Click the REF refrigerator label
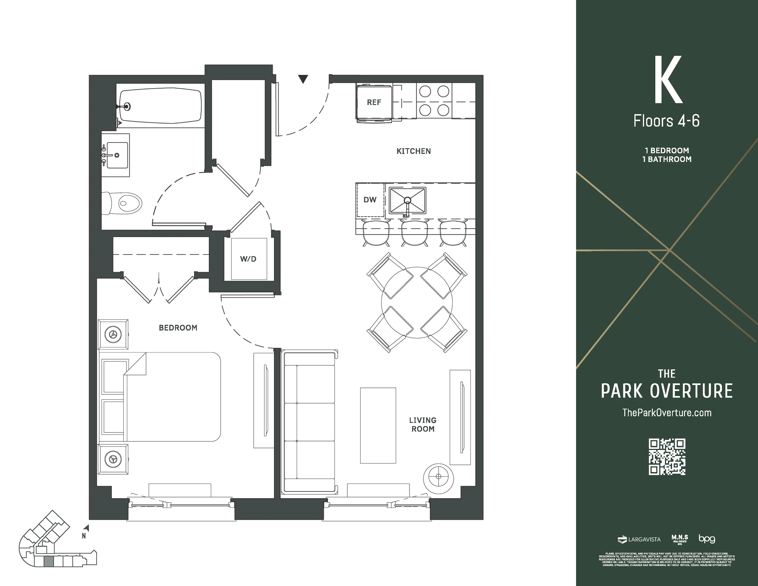[374, 102]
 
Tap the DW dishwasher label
[370, 200]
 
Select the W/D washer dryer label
[248, 259]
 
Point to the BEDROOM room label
[178, 328]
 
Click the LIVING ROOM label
[423, 425]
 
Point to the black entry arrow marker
[303, 79]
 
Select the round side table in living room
[438, 479]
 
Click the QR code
[667, 456]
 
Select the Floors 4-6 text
[666, 121]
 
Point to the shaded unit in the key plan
[49, 561]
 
